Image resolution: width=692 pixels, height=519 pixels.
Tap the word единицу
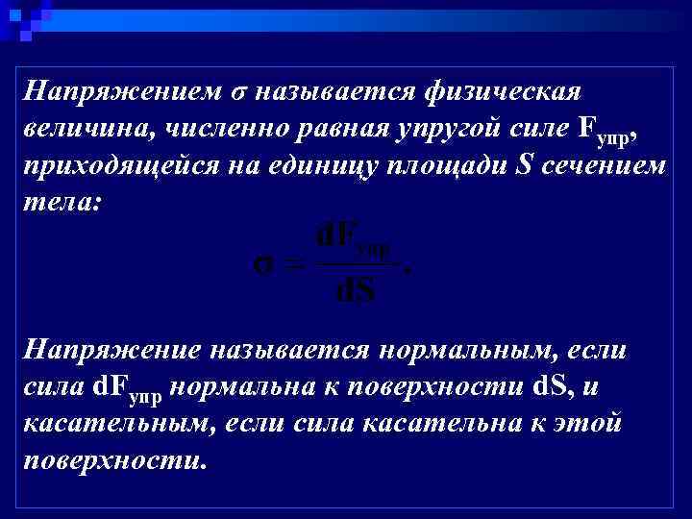coord(333,165)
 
